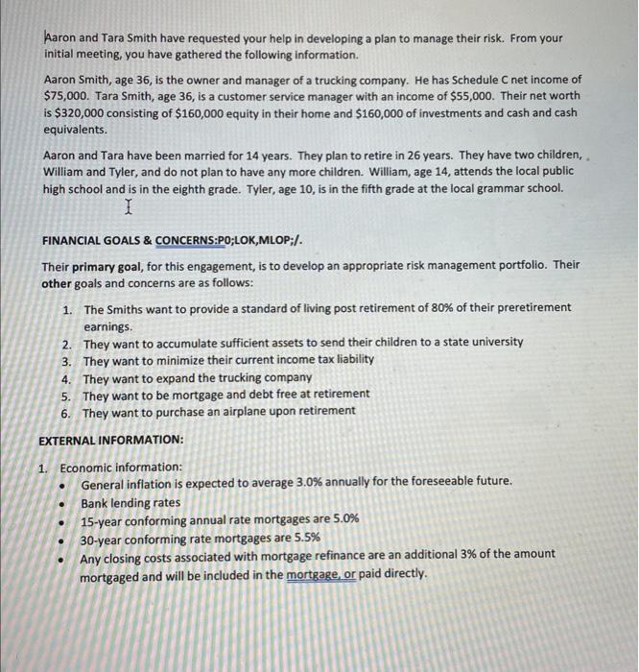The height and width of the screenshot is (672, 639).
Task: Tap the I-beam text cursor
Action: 128,206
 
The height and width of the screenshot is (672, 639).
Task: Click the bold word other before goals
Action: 58,283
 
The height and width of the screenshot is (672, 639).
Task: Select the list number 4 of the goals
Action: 67,376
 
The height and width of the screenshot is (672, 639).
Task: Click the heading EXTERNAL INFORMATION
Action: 110,441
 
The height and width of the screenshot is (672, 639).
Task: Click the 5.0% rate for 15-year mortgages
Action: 342,519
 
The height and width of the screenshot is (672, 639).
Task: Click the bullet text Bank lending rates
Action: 130,502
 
